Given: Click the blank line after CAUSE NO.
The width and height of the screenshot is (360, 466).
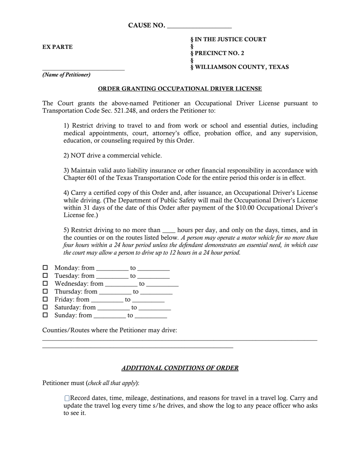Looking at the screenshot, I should click(x=199, y=27).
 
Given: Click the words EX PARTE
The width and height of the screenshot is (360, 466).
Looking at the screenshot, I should click(x=58, y=47).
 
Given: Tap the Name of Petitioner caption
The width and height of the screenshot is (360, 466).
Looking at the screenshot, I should click(x=66, y=75).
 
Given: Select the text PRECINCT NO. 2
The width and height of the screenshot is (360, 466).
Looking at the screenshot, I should click(x=219, y=53).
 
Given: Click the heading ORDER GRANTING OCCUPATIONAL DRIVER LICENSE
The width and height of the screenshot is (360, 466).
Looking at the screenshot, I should click(x=180, y=89).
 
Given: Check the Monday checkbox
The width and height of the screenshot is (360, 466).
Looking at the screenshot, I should click(x=45, y=267).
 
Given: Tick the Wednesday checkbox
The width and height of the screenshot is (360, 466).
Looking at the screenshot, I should click(x=45, y=283).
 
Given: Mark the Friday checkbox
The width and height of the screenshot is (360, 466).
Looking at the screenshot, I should click(x=45, y=299).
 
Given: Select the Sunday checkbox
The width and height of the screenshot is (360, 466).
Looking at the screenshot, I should click(x=45, y=315).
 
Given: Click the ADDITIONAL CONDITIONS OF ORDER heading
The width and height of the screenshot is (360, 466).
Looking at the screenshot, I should click(x=180, y=368).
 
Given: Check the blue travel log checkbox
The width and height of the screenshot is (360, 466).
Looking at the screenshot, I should click(x=67, y=398).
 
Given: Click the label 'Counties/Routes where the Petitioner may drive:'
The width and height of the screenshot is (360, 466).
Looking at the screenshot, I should click(x=110, y=330).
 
